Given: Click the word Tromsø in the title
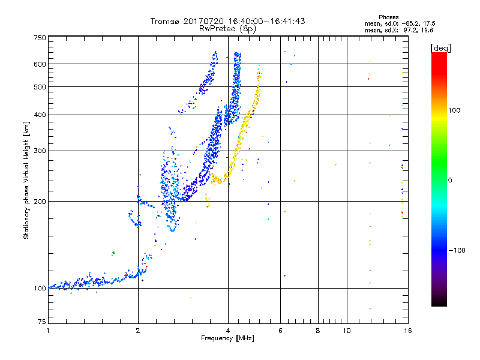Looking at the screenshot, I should (165, 21).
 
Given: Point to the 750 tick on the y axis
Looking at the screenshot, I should (40, 38).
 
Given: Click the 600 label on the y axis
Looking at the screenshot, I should (40, 64).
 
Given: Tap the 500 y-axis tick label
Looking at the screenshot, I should (40, 87).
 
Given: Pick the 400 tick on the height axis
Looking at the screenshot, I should (40, 115).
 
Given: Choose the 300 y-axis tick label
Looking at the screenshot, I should (40, 151).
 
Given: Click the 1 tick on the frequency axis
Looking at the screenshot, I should (48, 331).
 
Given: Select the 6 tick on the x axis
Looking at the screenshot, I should (280, 331).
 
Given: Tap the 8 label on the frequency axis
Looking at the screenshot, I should (318, 331).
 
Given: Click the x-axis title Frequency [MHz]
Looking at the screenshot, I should (228, 339).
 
